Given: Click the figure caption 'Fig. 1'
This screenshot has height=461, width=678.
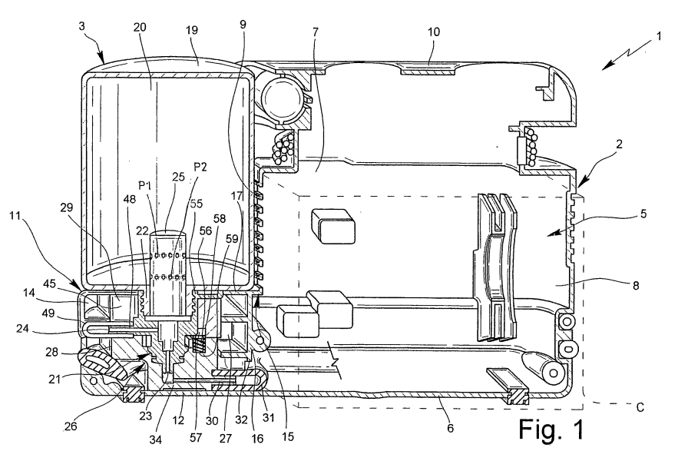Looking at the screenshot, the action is coord(551,429).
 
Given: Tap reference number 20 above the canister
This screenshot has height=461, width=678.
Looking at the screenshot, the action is coord(140,27).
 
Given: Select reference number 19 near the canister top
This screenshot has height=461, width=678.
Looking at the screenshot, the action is coord(191,30).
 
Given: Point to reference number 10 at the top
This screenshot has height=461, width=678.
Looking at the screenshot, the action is coord(433,32).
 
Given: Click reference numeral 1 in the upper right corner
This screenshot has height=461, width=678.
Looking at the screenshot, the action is coord(659,36).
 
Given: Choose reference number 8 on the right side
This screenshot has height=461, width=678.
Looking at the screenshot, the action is coord(636,285).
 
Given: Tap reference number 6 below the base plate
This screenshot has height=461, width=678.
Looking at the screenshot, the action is coord(450,429).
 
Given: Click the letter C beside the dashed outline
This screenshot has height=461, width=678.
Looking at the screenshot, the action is coord(640,407).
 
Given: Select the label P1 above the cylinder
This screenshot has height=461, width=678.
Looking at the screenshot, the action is coord(144,185).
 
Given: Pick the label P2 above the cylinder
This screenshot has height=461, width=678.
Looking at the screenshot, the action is coord(200,167).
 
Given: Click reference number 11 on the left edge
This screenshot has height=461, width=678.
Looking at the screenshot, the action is coord(15,215).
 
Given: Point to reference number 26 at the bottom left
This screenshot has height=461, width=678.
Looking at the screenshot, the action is coord(71,426).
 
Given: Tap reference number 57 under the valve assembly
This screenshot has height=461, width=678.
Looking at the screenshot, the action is coord(196,438).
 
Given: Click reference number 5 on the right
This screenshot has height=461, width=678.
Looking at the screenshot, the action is coord(643,214).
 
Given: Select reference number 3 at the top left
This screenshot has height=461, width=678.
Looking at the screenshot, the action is coord(82,25).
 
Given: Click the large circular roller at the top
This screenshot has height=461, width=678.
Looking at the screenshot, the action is coord(282,97).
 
